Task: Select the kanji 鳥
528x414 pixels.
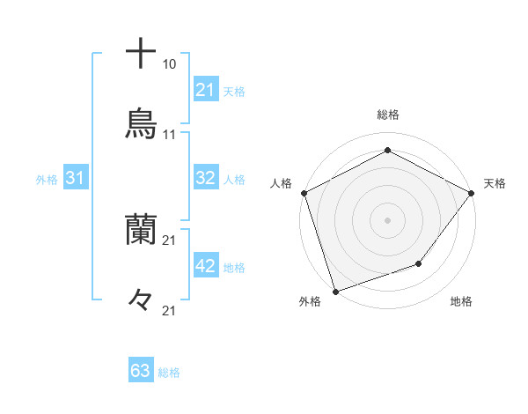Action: [141, 124]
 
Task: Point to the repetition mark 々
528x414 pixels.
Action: [141, 300]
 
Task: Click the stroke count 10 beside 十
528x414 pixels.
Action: [170, 64]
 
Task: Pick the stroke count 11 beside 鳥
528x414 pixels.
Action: [170, 135]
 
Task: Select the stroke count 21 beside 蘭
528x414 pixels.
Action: [170, 240]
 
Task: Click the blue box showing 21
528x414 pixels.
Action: [206, 89]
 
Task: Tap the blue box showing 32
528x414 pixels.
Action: [206, 178]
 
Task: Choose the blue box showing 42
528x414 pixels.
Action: [206, 266]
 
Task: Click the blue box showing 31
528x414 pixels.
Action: [76, 178]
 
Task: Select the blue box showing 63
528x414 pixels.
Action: [141, 371]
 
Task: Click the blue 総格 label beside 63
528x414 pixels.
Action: [169, 373]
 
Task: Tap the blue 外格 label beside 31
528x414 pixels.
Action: [47, 180]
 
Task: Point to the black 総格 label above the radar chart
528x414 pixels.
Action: [387, 115]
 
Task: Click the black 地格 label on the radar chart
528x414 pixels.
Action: [461, 302]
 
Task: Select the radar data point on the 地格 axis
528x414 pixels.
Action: [419, 263]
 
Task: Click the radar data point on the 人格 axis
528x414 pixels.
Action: [304, 192]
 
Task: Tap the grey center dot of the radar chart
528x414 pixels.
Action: [387, 219]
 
